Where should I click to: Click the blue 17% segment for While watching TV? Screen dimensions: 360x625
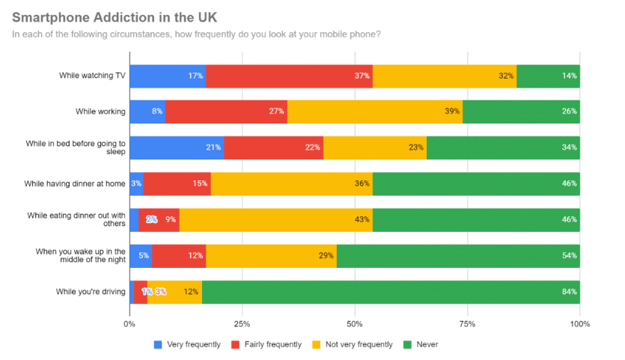pos(168,76)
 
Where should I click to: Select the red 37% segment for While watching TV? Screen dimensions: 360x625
pos(289,76)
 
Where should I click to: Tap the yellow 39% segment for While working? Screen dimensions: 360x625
pos(374,112)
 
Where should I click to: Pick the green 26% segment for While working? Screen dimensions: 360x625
pos(521,112)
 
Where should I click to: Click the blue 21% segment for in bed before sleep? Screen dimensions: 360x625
pos(177,147)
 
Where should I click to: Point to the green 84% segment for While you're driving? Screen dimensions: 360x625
pos(391,291)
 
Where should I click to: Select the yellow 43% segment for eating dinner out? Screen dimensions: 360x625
pos(275,219)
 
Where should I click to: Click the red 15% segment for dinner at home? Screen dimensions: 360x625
pos(177,183)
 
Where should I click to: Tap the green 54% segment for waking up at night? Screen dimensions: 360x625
pos(458,255)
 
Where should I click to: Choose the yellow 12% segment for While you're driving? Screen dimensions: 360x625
pos(174,291)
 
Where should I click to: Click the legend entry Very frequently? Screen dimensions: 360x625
pos(187,344)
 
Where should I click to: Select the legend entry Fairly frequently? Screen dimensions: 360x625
pos(266,344)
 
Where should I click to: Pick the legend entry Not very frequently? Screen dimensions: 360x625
pos(353,344)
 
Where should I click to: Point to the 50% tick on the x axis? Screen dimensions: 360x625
pos(355,324)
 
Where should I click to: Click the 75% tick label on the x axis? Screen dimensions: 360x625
pos(467,324)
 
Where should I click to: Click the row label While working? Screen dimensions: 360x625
pos(100,112)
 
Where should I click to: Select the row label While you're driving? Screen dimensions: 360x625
pos(91,291)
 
